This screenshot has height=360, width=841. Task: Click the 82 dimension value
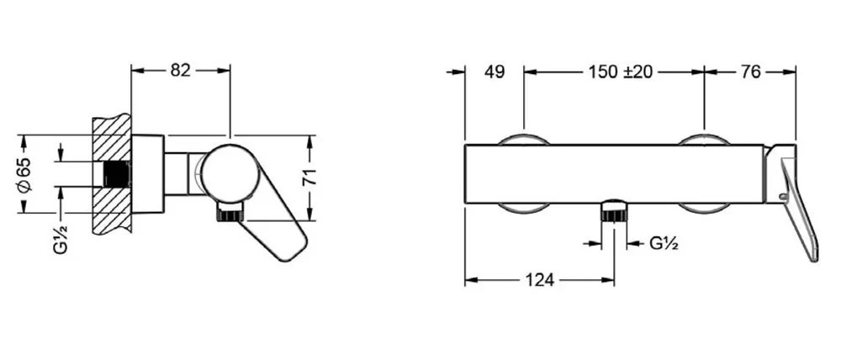181,71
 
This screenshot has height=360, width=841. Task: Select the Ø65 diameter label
26,174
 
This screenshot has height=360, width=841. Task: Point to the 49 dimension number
495,71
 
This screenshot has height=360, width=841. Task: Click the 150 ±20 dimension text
620,71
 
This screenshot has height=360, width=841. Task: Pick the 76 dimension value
751,71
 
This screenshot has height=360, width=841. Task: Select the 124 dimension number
538,279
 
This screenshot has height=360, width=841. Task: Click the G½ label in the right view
664,244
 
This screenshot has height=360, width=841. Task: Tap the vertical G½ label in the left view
61,239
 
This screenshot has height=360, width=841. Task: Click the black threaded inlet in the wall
116,174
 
